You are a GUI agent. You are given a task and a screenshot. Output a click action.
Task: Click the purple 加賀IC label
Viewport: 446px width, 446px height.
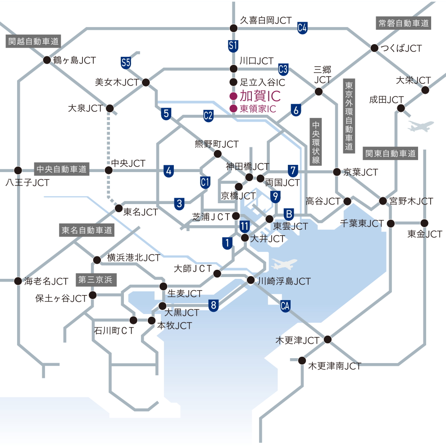coord(260,96)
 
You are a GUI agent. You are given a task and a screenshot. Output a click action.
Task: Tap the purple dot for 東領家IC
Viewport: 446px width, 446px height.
coord(233,109)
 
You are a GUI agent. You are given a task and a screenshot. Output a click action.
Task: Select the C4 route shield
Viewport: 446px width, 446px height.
coord(302,28)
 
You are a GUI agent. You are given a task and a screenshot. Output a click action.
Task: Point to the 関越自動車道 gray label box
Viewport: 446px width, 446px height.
coord(33,41)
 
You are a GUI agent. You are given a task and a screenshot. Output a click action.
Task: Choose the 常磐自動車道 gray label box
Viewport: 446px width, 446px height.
coord(404,23)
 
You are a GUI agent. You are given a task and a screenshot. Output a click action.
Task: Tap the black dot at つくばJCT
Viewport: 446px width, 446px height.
coord(374,48)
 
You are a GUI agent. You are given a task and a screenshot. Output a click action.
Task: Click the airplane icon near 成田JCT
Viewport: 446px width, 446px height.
coord(420,126)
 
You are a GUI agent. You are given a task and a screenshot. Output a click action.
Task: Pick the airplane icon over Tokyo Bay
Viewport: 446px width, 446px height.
coord(284,264)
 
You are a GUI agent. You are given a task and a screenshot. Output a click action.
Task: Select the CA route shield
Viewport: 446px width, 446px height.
coord(285,306)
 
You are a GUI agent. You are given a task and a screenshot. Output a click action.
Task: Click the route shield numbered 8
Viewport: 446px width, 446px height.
coord(214,305)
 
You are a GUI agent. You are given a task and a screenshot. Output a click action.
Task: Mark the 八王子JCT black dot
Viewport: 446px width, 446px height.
coord(18,170)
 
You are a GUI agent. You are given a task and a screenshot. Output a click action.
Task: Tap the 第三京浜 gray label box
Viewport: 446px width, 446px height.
coord(96,280)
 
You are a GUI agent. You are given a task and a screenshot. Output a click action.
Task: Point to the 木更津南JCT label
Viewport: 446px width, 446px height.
coord(335,366)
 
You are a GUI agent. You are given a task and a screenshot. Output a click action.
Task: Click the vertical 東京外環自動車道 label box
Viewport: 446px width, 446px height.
coord(349,116)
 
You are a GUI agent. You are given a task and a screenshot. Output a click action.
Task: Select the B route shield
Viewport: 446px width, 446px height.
coord(289,214)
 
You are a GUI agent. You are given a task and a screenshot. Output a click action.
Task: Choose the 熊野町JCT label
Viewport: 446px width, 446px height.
coord(217,144)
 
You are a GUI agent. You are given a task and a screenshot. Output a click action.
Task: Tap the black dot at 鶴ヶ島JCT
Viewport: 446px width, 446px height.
coord(47,60)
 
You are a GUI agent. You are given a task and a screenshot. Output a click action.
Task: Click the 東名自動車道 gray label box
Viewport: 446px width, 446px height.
coord(87,230)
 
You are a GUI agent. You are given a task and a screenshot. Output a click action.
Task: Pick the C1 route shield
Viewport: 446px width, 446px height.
coord(205,182)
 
